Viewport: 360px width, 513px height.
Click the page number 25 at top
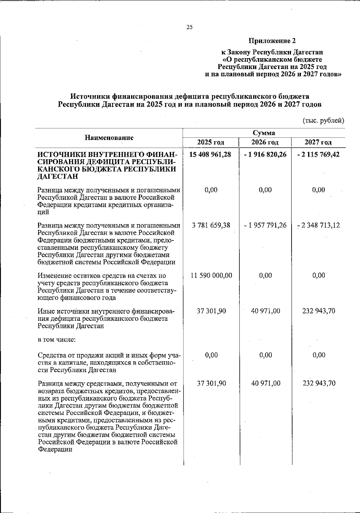point(189,27)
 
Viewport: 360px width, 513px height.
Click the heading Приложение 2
point(272,40)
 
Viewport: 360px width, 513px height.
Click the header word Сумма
point(264,133)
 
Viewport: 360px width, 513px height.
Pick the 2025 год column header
point(211,142)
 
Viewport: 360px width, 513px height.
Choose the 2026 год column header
point(265,142)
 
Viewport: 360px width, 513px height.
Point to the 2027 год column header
point(318,142)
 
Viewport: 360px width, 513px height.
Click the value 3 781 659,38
point(211,225)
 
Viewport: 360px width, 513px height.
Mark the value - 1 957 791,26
point(265,225)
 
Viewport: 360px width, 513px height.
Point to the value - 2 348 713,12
point(319,225)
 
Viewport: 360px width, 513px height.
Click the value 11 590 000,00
point(211,275)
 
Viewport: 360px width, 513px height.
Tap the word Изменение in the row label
point(53,276)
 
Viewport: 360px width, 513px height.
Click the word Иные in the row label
point(45,311)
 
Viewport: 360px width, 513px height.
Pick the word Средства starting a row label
point(51,355)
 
